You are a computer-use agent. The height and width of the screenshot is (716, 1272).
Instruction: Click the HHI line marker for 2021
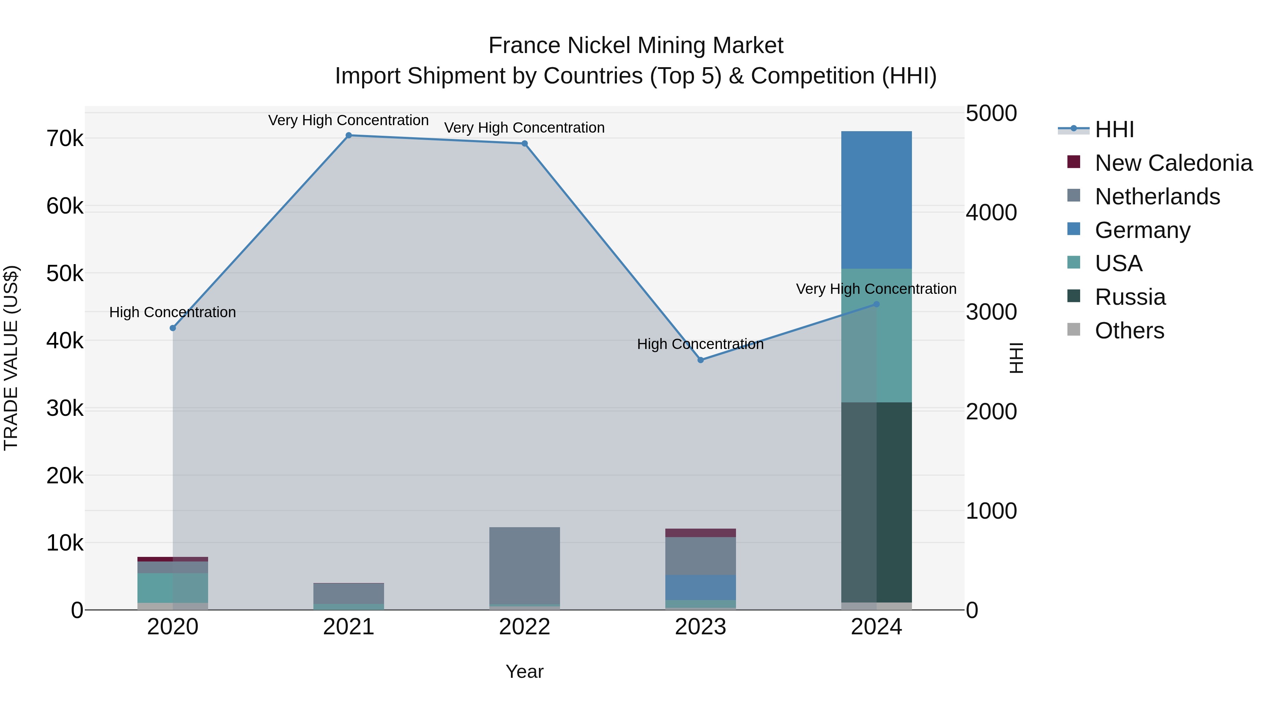click(349, 135)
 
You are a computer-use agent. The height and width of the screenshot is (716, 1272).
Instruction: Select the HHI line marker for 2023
click(700, 360)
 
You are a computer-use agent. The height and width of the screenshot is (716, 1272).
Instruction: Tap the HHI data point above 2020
click(173, 328)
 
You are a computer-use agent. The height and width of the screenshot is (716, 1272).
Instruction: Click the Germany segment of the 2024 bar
click(877, 200)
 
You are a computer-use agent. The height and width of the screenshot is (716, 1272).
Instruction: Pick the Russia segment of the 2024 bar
click(877, 501)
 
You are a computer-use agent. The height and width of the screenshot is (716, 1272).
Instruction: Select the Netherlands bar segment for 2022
click(524, 566)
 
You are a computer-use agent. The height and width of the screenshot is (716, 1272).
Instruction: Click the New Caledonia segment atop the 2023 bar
click(700, 533)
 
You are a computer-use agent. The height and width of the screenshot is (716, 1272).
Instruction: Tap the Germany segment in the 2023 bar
click(700, 588)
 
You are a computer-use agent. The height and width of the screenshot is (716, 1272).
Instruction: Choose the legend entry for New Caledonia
click(1173, 163)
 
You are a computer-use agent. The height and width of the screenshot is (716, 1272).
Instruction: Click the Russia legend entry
click(1130, 297)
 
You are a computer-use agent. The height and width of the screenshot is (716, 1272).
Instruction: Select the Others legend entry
click(1129, 331)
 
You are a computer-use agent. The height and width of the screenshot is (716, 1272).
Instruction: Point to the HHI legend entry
click(1114, 129)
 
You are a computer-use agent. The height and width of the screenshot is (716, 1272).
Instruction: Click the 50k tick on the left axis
click(65, 273)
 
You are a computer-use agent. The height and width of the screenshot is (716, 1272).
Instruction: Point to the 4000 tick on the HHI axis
click(991, 213)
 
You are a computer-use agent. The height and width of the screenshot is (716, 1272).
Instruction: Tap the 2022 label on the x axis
click(524, 627)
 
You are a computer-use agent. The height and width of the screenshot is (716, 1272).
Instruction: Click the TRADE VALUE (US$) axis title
click(11, 358)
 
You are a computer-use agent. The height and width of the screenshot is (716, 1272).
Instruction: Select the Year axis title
click(524, 671)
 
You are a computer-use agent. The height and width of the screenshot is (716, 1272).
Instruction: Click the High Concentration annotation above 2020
click(173, 312)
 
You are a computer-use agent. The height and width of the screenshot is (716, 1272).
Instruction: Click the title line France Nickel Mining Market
click(636, 46)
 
